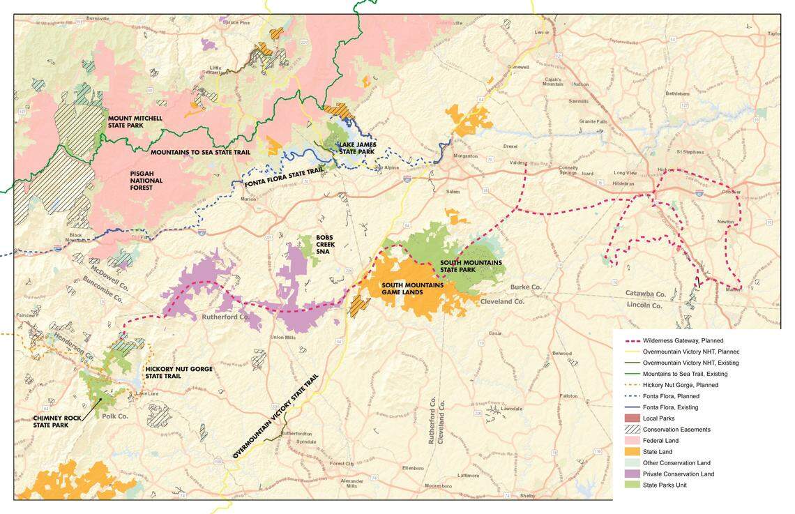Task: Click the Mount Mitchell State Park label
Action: click(x=135, y=122)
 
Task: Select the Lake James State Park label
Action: click(x=356, y=148)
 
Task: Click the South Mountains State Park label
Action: click(x=471, y=266)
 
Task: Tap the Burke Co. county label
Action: click(x=526, y=287)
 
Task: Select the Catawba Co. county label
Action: click(x=645, y=294)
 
